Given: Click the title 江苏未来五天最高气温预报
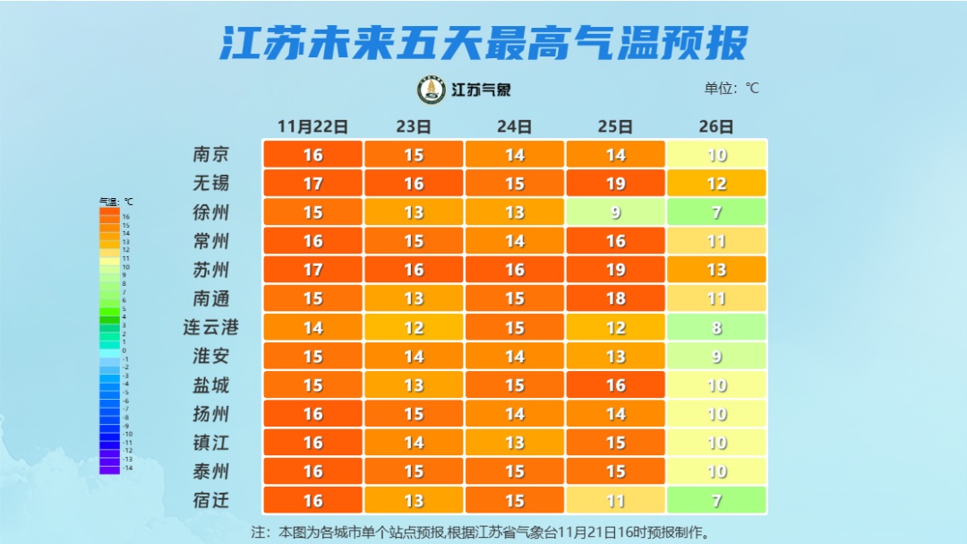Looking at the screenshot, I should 483,41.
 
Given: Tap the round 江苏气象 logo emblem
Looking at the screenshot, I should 432,90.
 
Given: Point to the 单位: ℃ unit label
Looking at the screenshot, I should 732,88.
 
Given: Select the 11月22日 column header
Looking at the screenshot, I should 312,126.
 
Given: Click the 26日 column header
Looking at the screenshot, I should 716,126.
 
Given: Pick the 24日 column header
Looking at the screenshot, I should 514,126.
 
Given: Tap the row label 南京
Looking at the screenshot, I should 211,154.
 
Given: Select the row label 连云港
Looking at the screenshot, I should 211,327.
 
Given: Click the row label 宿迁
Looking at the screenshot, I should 211,500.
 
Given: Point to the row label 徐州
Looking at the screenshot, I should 211,212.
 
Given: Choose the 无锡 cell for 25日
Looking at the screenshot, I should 615,184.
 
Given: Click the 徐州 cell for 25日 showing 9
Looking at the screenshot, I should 615,212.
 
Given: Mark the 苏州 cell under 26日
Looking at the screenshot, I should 716,270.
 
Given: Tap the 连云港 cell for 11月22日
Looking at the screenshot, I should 312,327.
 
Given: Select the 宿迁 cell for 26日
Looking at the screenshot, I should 716,500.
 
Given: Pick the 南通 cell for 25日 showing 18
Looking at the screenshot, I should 615,298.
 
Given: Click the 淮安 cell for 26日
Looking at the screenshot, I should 716,356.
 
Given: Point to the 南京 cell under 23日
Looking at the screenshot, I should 414,154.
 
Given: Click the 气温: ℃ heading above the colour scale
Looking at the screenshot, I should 116,202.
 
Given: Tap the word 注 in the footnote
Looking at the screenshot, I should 258,532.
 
